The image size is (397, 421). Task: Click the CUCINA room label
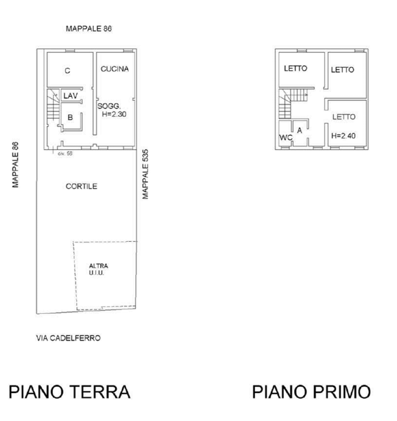coord(114,69)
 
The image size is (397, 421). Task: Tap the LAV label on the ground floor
coord(71,96)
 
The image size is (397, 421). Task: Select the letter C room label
coord(68,71)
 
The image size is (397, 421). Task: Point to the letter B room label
coord(70,118)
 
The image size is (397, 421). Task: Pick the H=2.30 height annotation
coord(114,114)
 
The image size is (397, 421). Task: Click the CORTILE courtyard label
coord(82,186)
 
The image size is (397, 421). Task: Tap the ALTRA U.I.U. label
coord(99,269)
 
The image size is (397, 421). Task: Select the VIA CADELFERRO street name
coord(68,338)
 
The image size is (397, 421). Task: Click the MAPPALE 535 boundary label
coord(145,174)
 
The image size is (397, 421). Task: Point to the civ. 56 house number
coord(65,154)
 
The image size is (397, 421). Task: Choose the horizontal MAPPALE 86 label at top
coord(89,29)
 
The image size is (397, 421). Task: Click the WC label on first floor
coord(286,138)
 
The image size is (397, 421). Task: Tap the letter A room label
coord(300,130)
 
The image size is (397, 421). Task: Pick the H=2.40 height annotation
coord(343,136)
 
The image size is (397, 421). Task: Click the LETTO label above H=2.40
coord(344,117)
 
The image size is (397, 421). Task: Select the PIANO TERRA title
coord(70,392)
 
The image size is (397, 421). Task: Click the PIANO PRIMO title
coord(312,392)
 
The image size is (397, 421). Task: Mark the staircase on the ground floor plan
coord(53,104)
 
